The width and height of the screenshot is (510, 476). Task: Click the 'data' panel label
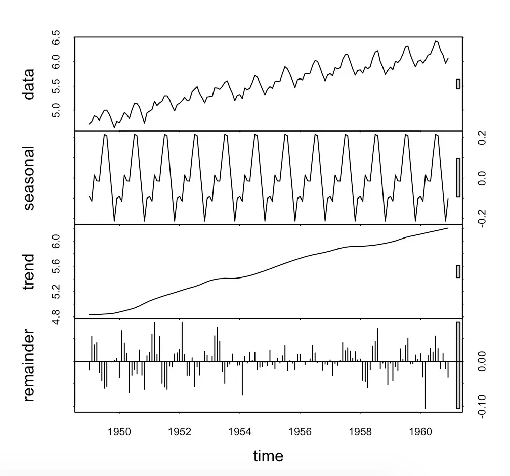pos(29,84)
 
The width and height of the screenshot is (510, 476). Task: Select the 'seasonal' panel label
pos(29,178)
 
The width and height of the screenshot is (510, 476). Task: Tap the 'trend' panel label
pos(29,271)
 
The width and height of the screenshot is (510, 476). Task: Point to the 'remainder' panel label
pos(29,365)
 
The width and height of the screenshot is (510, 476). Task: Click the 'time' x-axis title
pos(268,456)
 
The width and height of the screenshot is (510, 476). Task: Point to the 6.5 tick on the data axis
pos(57,38)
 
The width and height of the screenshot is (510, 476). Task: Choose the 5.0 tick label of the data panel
pos(57,110)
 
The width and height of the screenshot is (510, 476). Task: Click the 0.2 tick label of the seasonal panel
pos(482,138)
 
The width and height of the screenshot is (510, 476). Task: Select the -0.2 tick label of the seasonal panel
pos(482,218)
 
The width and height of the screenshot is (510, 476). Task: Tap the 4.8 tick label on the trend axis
pos(57,315)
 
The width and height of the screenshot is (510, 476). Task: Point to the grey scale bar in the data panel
pos(458,84)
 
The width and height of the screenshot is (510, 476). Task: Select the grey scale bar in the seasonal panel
pos(458,178)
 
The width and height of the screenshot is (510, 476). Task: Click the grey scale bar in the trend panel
pos(458,271)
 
